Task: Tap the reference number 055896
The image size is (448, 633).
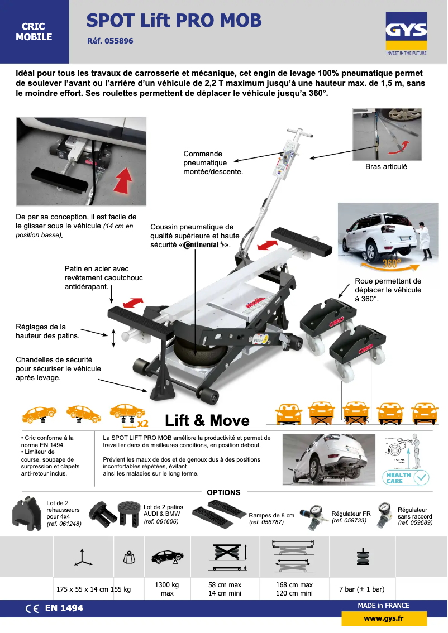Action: tap(111, 41)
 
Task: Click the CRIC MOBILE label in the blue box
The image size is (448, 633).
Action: tap(34, 32)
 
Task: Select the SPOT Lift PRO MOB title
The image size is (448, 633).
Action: tap(174, 21)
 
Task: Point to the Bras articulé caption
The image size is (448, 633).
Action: tap(386, 166)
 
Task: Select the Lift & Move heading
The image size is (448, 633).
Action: tap(207, 420)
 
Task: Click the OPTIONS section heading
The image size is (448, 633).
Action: tap(223, 492)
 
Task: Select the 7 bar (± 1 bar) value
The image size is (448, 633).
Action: tap(361, 589)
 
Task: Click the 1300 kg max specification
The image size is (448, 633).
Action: tap(167, 589)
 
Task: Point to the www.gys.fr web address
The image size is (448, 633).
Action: tap(384, 618)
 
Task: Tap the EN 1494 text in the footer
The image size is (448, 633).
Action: tap(63, 608)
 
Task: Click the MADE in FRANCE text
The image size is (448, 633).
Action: tap(383, 606)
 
